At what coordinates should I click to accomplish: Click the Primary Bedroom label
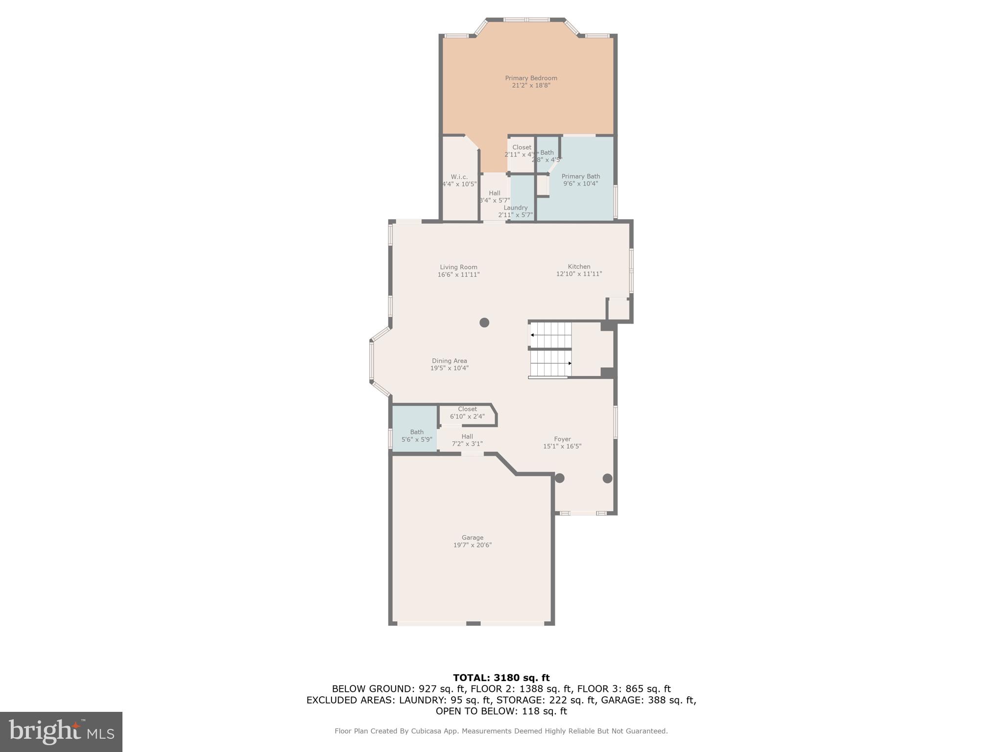531,78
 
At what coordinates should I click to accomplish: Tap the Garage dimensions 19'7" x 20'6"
472,545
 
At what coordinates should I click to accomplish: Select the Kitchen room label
579,267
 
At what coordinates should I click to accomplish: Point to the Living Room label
458,267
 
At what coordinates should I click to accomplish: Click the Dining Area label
449,361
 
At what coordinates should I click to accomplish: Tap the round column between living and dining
484,323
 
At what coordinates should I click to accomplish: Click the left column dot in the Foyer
559,478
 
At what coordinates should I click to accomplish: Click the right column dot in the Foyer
607,478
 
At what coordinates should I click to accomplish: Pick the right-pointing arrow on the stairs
569,363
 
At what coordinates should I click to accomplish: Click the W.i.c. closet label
459,177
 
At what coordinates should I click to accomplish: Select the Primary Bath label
580,176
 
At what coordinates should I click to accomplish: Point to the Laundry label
515,208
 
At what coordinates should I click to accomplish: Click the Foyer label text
562,439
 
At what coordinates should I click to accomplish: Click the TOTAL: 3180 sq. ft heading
501,678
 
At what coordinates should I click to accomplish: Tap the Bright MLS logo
61,731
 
